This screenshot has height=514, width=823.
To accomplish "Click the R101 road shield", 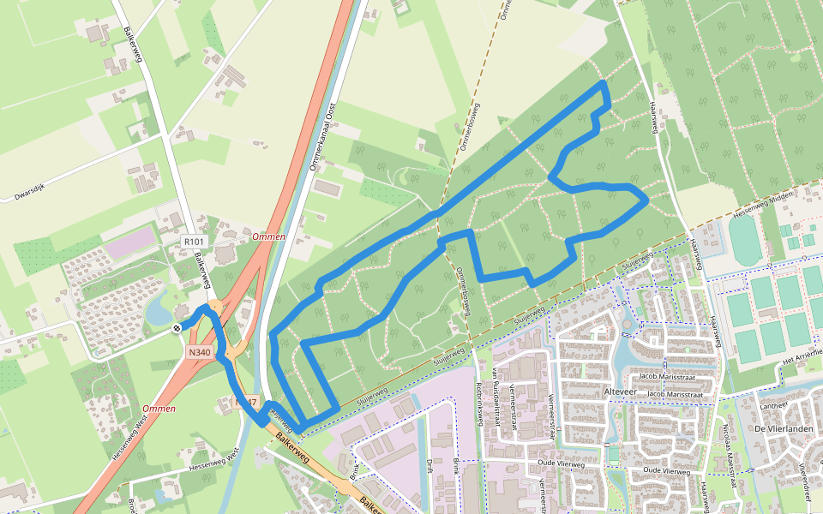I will [193, 242].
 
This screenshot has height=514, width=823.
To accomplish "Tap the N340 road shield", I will [199, 352].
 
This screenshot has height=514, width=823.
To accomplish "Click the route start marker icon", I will [176, 327].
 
